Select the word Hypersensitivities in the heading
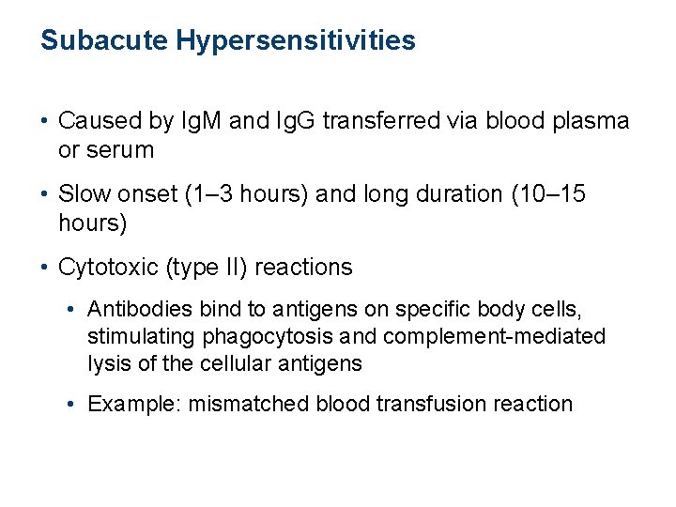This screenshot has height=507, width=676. [291, 41]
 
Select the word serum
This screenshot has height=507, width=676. [120, 149]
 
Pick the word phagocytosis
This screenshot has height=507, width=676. [248, 336]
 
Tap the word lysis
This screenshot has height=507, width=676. [106, 362]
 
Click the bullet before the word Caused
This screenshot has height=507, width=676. [45, 121]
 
